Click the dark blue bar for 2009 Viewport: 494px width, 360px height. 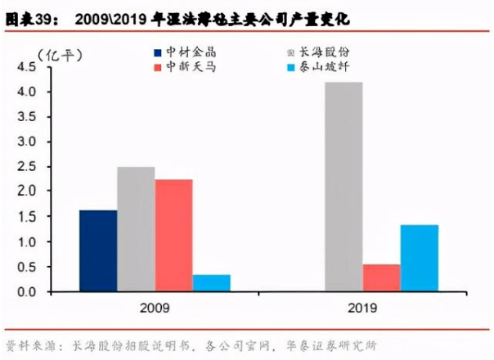98,250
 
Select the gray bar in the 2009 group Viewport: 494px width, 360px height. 136,229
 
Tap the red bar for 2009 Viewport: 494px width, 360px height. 174,235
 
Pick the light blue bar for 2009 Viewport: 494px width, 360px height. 212,283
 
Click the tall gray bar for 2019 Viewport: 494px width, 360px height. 344,187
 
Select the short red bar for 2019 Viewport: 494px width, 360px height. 381,277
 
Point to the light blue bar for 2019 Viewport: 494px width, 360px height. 420,258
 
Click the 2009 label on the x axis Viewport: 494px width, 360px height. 155,308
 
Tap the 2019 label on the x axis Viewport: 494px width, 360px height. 362,308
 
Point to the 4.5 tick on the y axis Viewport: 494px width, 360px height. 27,67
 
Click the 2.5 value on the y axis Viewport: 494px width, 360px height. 27,166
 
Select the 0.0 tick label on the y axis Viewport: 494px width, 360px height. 27,292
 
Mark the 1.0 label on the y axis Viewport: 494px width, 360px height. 27,242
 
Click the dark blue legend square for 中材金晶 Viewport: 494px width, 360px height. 158,52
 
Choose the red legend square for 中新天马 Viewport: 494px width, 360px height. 158,67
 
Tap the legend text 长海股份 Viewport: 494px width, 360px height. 324,52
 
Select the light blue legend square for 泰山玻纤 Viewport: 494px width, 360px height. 291,67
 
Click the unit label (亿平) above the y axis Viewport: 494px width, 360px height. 60,56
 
